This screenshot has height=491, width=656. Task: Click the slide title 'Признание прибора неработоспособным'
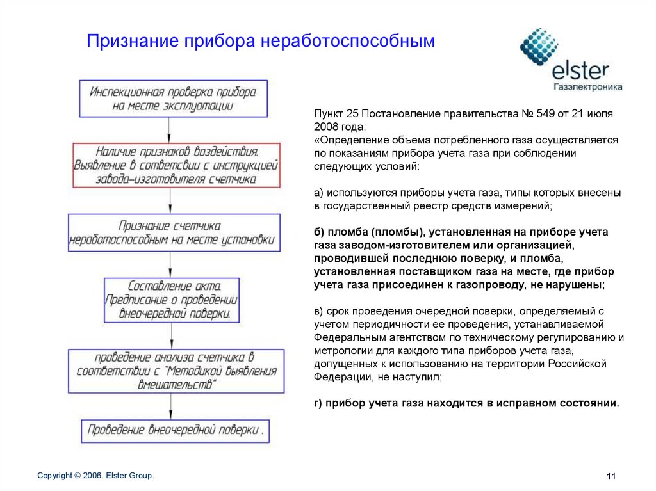tap(261, 42)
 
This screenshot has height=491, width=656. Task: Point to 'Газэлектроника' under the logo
tap(587, 86)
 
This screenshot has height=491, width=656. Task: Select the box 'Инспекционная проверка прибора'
tap(172, 99)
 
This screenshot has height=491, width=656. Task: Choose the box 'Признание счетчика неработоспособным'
tap(174, 233)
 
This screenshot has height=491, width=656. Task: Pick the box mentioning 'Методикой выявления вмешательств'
tap(176, 371)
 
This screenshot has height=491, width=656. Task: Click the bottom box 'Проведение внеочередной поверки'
tap(176, 430)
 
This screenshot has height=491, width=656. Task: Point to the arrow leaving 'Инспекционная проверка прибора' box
tap(169, 130)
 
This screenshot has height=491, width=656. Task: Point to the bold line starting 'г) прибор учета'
tap(466, 403)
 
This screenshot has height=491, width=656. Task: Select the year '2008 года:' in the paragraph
tap(340, 126)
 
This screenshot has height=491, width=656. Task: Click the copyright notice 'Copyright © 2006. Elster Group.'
tap(96, 475)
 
